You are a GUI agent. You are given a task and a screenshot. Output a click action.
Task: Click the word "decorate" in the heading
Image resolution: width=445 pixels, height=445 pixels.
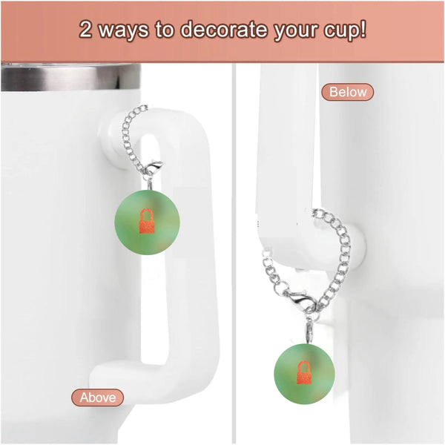tap(222, 32)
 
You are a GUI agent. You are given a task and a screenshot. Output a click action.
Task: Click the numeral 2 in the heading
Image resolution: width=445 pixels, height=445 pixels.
tap(87, 32)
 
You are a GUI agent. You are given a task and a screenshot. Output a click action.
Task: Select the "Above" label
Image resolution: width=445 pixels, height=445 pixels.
tap(98, 398)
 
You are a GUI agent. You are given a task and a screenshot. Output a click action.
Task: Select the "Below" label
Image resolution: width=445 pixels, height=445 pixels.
tap(347, 92)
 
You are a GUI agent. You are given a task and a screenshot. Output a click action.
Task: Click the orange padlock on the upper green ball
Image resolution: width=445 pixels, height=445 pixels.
tap(148, 220)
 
